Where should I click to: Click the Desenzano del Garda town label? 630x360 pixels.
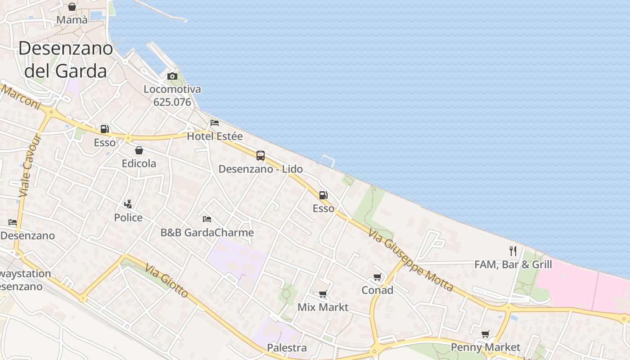coord(66,59)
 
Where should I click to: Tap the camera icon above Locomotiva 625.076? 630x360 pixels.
coord(172,76)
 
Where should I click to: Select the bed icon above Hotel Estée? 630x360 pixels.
coord(215,123)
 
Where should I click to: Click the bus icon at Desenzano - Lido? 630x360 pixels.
coord(261,156)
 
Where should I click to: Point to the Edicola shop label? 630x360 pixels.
coord(139,163)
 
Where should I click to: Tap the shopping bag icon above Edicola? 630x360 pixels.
coord(139,150)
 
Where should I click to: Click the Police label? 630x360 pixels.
coord(128,218)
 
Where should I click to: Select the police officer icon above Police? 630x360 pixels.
coord(128,204)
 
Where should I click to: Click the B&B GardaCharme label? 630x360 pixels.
coord(207,233)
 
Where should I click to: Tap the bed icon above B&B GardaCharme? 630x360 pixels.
coord(207,219)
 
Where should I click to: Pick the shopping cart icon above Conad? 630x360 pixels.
coord(378,277)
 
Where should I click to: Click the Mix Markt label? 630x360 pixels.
coord(323,307)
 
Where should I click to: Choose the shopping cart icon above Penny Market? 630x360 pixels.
coord(486,334)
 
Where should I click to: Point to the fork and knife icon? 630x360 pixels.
coord(513,251)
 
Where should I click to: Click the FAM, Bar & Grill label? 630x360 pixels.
coord(513,264)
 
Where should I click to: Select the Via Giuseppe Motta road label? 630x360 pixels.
coord(410,260)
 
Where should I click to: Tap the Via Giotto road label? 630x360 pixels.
coord(166,280)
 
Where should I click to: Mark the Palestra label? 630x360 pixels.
coord(287,348)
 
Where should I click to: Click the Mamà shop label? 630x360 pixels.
coord(72,20)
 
